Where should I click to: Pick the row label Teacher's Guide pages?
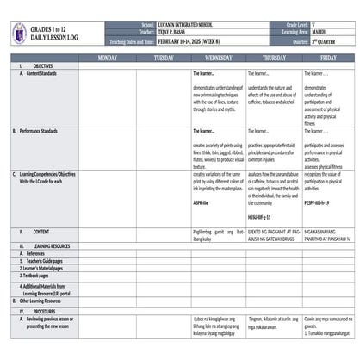[x=47, y=261]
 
